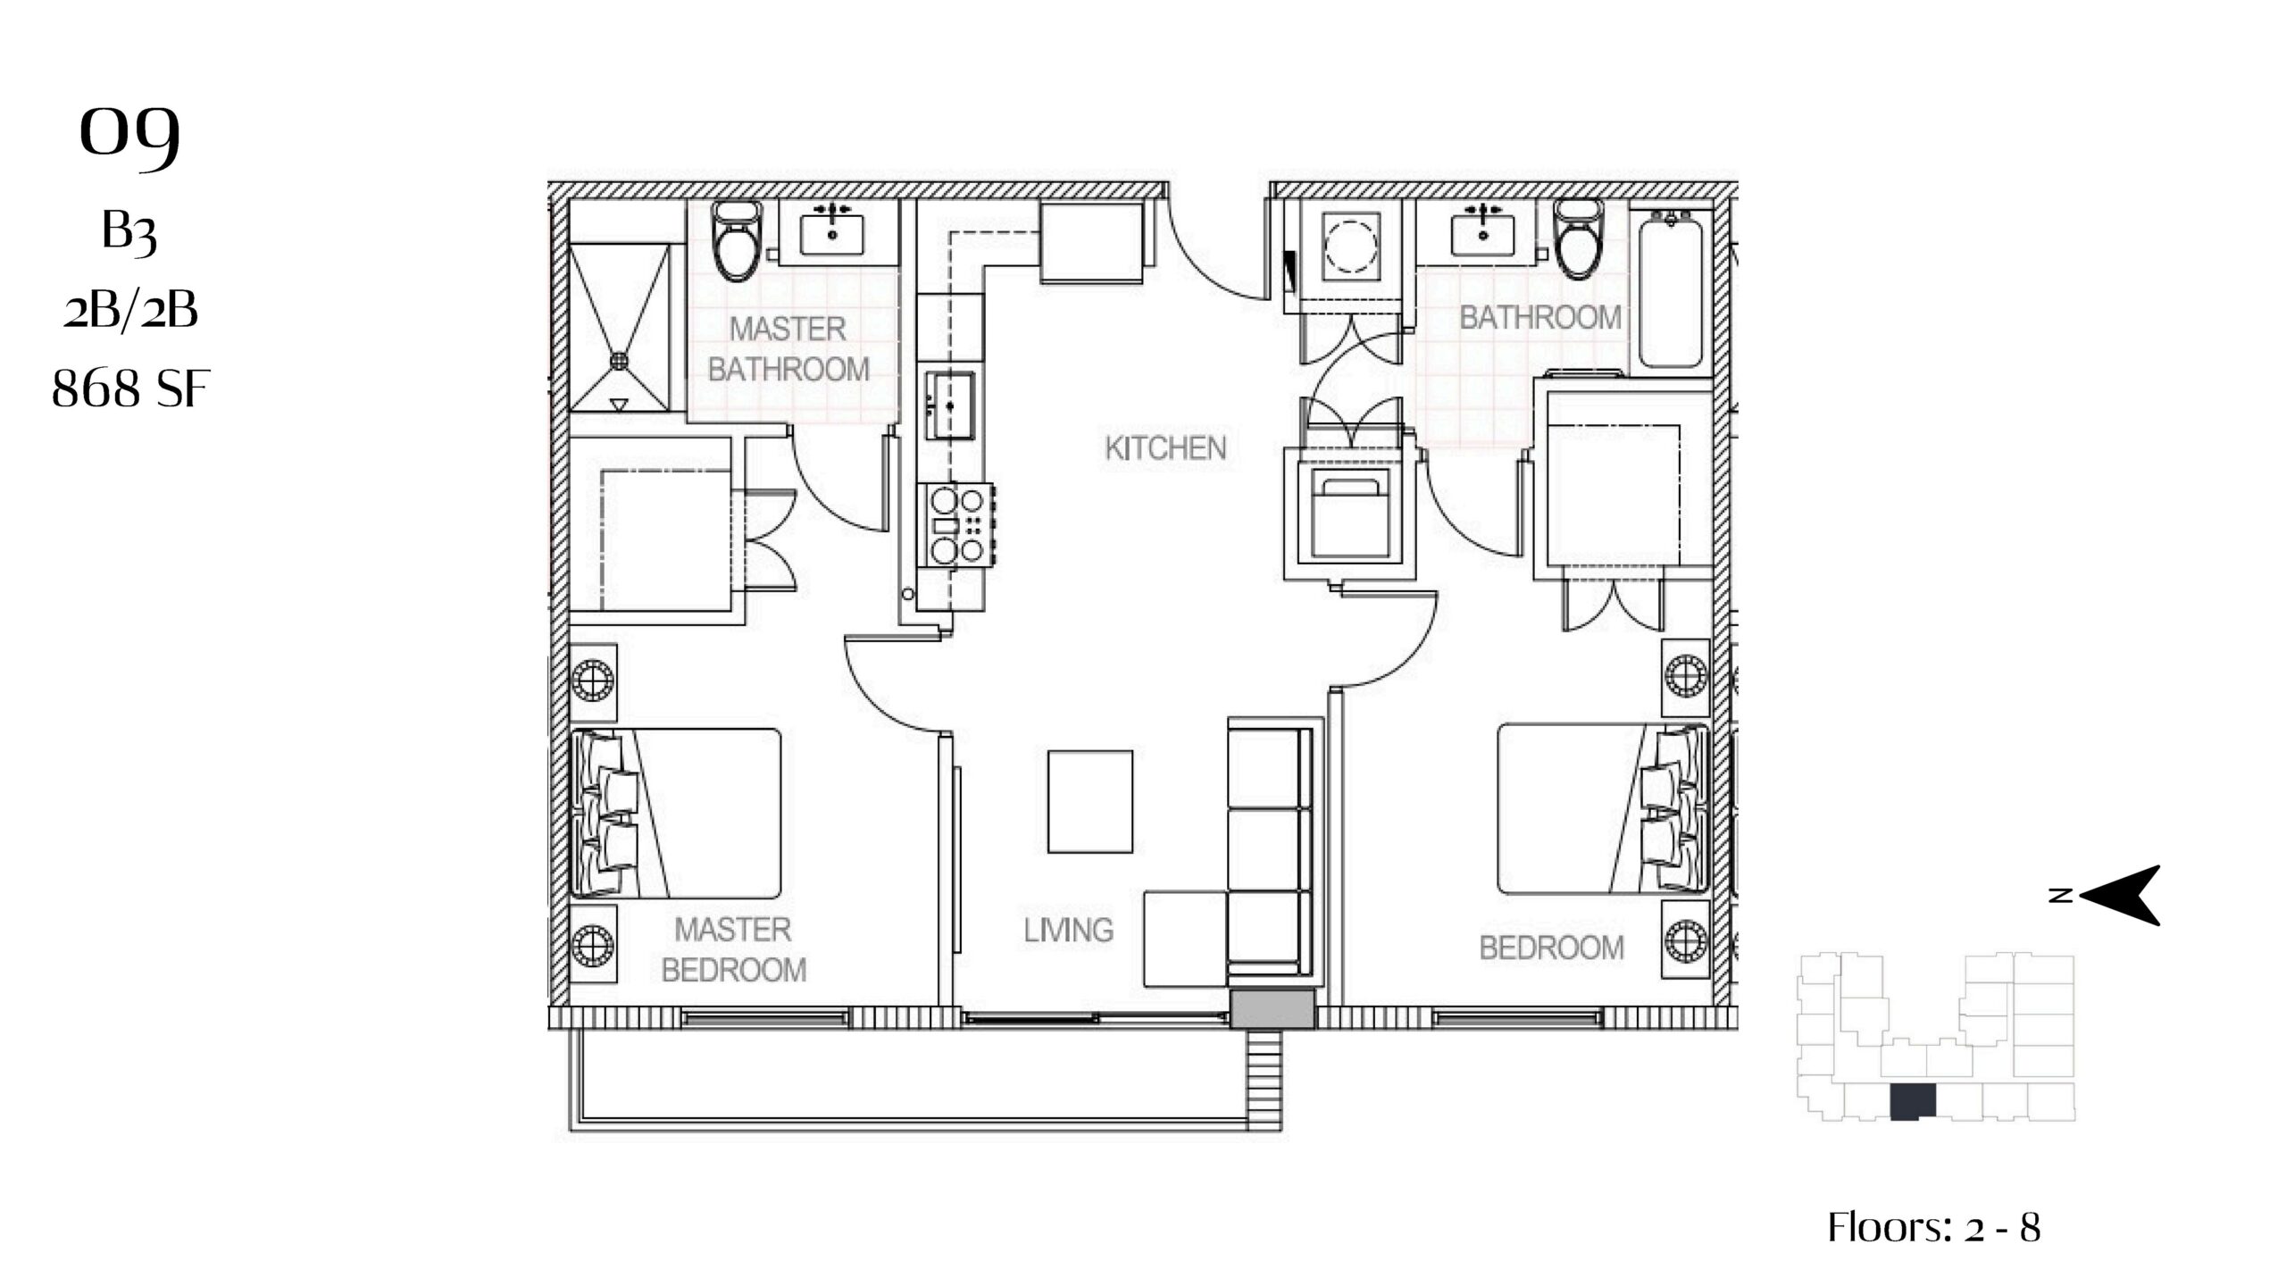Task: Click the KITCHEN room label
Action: tap(1165, 448)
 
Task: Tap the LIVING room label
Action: tap(1068, 931)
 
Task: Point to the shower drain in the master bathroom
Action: tap(619, 359)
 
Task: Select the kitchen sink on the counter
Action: tap(950, 406)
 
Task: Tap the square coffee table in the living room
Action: tap(1090, 801)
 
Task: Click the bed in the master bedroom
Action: tap(676, 814)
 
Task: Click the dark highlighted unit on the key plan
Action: tap(1912, 1100)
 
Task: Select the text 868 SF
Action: tap(130, 389)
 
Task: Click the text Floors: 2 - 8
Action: tap(1934, 1227)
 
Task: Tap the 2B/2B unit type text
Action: tap(130, 311)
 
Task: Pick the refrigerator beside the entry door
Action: tap(1093, 242)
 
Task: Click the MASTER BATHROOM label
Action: tap(788, 349)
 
